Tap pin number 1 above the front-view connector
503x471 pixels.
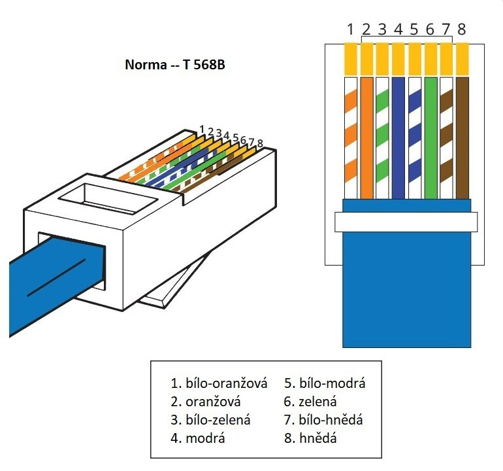(351, 29)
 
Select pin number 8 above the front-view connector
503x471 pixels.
(462, 29)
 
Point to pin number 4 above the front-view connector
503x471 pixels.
(398, 29)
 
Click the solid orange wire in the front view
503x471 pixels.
(366, 137)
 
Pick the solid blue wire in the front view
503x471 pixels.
(398, 137)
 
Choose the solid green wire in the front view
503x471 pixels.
(430, 137)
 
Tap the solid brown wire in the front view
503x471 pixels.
(462, 137)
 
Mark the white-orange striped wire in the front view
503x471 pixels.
(351, 137)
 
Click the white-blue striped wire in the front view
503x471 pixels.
(414, 137)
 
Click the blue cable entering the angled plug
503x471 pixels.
(46, 281)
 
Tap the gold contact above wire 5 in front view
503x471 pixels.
(414, 59)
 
